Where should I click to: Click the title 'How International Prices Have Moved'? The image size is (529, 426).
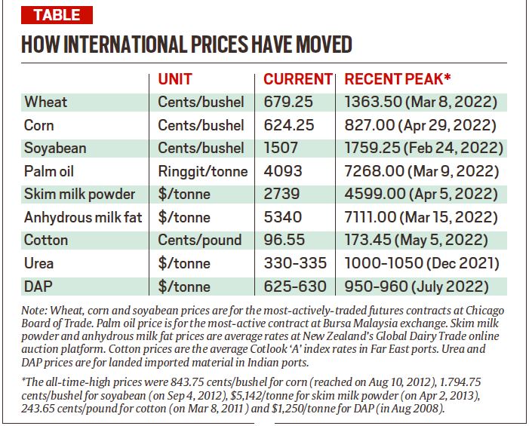(186, 44)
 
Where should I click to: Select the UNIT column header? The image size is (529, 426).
(175, 79)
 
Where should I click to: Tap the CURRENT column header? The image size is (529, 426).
(297, 79)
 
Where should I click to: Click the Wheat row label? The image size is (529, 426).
(46, 102)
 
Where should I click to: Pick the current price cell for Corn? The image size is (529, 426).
(289, 125)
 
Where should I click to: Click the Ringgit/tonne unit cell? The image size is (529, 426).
(202, 171)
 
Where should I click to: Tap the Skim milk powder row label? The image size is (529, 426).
(79, 194)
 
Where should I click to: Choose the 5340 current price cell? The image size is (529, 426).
(283, 217)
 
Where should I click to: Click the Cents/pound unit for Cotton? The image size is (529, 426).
(200, 241)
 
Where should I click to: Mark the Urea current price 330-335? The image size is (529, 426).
(295, 263)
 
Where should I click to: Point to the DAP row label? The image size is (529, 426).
(39, 287)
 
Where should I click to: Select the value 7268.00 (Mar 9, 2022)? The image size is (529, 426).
(416, 171)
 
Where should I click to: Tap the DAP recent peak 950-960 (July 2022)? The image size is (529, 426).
(416, 287)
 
